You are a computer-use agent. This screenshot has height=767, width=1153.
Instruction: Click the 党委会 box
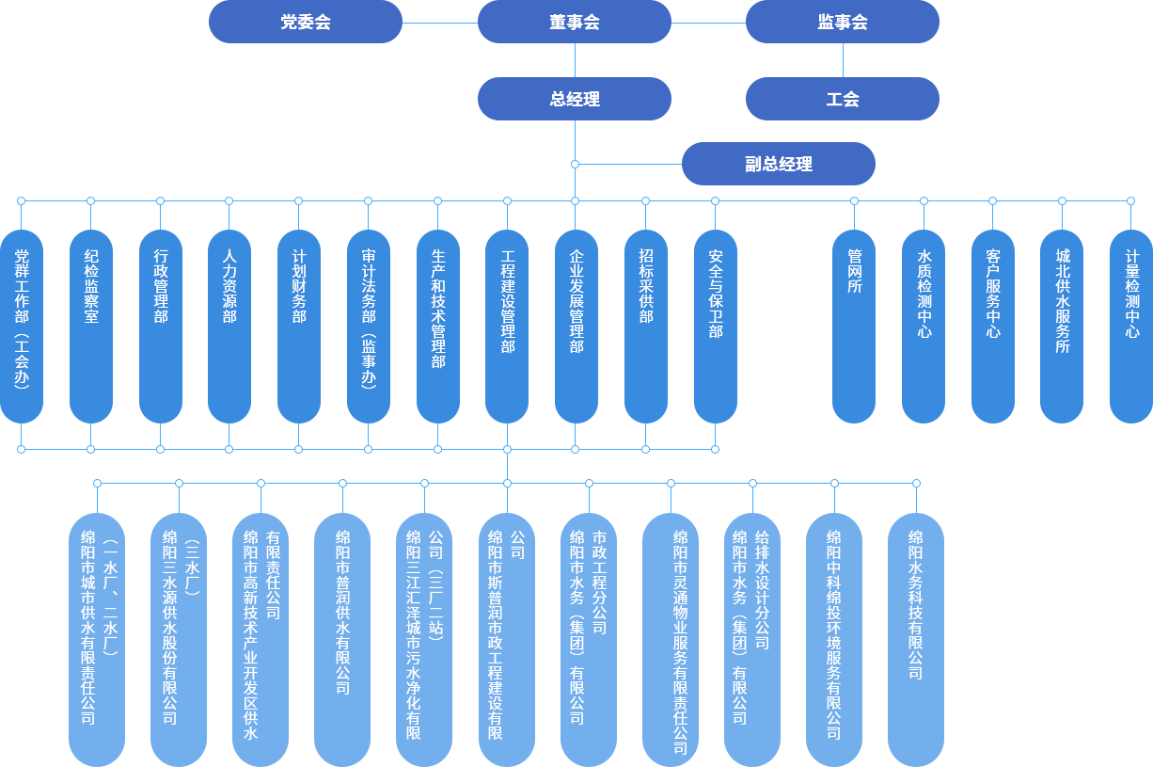305,22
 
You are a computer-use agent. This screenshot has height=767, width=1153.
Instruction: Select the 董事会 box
574,22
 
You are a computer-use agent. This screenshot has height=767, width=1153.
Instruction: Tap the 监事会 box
842,22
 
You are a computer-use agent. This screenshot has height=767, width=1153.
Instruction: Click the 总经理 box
574,99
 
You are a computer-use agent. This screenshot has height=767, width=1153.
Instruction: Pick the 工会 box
842,99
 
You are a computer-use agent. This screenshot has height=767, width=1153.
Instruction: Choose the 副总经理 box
778,164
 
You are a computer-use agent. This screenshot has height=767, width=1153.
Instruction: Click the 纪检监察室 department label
91,286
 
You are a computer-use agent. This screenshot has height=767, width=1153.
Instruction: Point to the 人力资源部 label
229,286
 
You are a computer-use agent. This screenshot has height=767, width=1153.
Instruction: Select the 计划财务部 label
299,286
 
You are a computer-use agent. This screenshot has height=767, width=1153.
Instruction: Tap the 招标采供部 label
646,286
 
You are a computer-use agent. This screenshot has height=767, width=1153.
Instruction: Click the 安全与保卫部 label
716,294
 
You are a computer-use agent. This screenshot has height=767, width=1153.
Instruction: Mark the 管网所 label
855,271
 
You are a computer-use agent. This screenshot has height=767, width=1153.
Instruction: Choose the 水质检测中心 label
924,294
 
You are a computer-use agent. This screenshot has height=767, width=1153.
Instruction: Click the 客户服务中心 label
993,294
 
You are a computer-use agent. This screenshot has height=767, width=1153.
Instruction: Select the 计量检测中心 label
1132,294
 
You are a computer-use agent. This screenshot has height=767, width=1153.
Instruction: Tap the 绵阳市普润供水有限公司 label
343,612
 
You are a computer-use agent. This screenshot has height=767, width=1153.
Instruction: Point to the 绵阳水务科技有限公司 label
916,604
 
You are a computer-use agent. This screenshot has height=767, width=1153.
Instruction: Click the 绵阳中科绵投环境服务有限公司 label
834,634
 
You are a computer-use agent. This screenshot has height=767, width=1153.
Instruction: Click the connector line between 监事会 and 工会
842,59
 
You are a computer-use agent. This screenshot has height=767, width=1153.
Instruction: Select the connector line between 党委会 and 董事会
439,22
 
